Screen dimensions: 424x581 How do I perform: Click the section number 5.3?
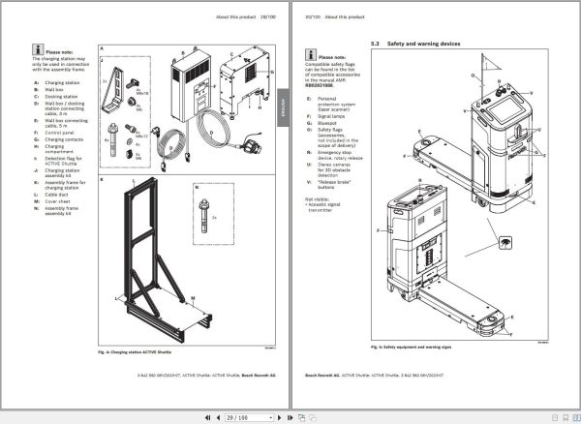[x=376, y=45]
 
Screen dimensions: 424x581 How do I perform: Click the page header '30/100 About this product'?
[x=330, y=17]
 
